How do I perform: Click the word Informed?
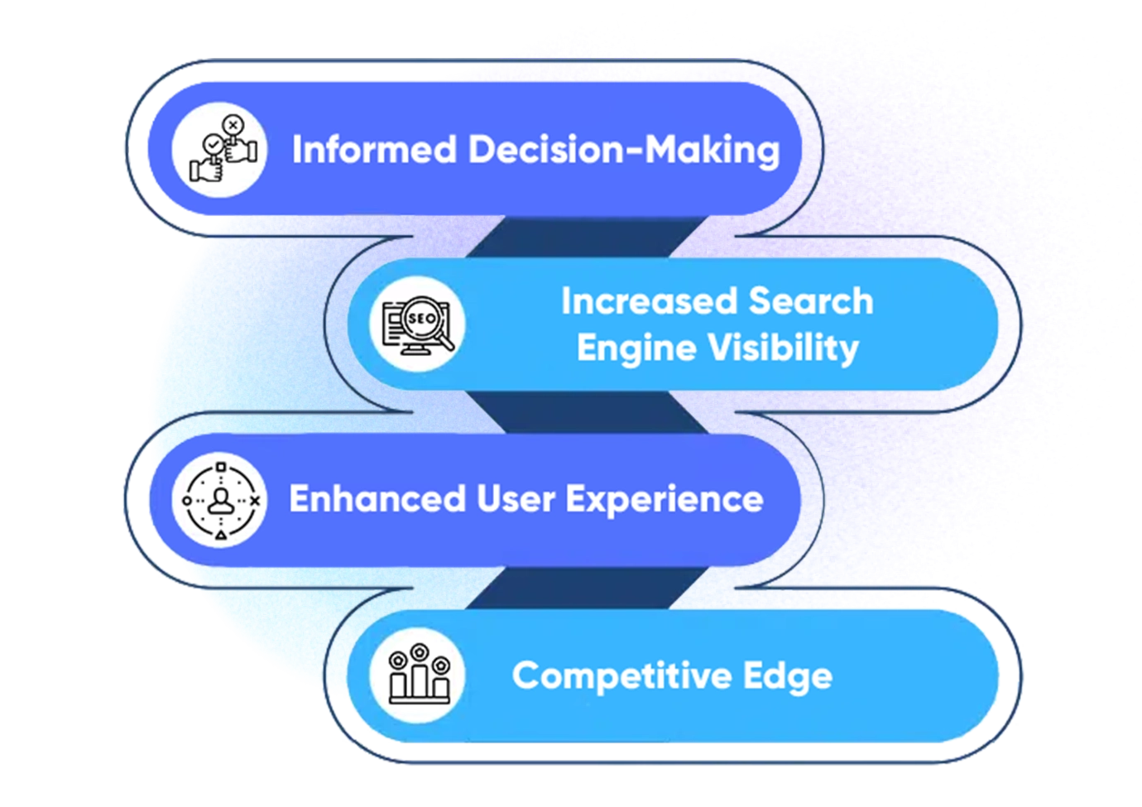[x=375, y=150]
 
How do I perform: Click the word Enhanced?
[x=377, y=499]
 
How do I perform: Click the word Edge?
[x=787, y=675]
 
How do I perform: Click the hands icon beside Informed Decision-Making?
[x=219, y=149]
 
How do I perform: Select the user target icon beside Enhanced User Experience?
[x=219, y=500]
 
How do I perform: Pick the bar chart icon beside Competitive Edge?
[x=419, y=675]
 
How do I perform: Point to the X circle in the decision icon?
[x=233, y=125]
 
